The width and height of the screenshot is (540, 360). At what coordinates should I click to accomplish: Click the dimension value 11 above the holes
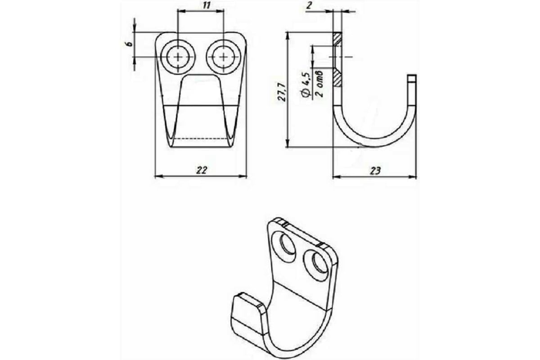coord(207,5)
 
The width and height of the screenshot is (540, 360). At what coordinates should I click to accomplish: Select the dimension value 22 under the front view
coord(202,170)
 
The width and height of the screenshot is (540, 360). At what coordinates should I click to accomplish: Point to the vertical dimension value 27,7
coord(282,92)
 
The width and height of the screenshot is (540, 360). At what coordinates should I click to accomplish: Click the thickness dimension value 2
coord(309,6)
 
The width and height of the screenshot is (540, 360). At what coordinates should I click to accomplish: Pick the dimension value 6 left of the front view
coord(130,44)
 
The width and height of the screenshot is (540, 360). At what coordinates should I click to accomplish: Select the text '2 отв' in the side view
coord(319,84)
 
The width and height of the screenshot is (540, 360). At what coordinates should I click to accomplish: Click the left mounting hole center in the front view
coord(178,57)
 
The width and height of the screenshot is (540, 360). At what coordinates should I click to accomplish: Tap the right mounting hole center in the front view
coord(224,57)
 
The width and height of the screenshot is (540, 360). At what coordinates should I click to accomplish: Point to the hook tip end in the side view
coord(412,75)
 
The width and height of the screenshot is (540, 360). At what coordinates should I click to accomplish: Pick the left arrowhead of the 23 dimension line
coord(337,177)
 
